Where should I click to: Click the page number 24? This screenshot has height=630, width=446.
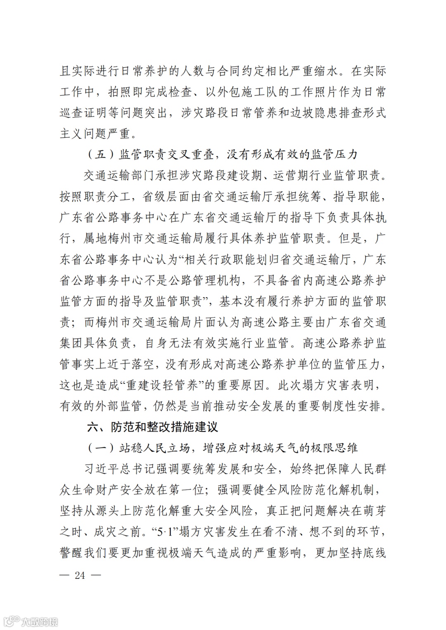[80, 575]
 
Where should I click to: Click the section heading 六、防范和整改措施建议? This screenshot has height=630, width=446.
[152, 427]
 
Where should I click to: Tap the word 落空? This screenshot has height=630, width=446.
[142, 364]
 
